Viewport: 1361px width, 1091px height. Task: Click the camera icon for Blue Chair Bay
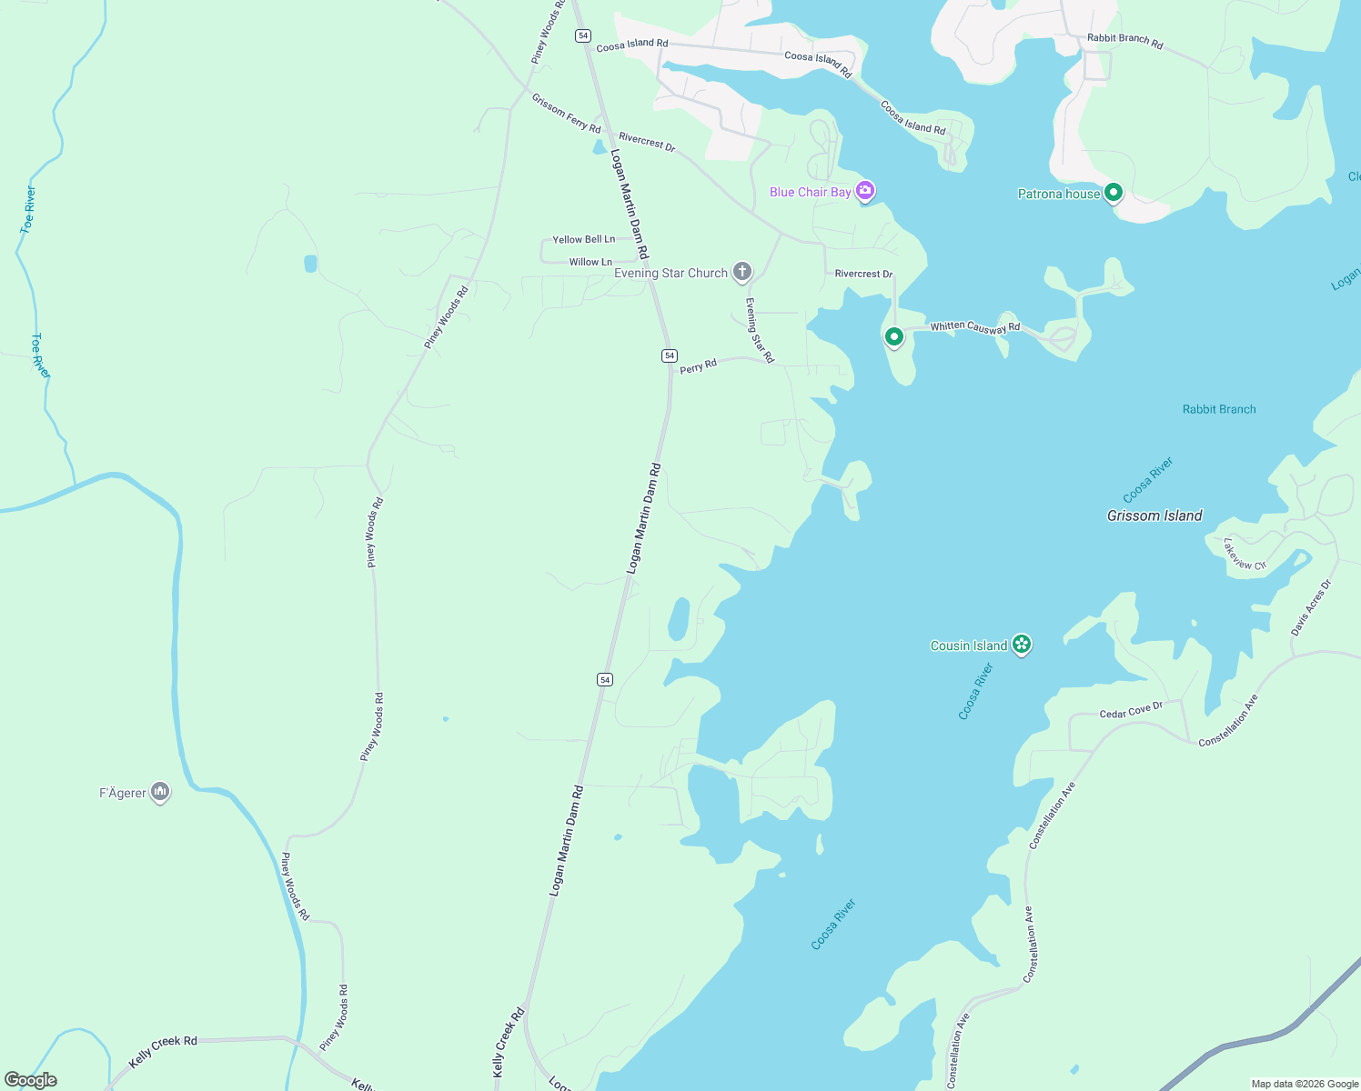[865, 191]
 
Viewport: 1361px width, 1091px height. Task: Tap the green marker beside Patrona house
[1113, 193]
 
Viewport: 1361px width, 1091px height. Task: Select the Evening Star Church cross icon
[742, 272]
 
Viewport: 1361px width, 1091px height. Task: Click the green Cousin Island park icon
[1022, 645]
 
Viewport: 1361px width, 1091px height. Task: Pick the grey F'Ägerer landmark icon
[160, 792]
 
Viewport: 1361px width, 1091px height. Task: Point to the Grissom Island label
[1154, 515]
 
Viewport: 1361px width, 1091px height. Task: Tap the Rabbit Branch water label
[1218, 409]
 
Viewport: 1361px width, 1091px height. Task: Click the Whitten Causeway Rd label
[974, 326]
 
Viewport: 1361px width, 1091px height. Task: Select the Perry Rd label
[698, 366]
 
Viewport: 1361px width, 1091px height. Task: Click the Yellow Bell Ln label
[583, 239]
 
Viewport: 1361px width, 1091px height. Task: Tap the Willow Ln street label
[590, 262]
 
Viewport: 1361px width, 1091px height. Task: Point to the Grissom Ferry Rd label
[566, 114]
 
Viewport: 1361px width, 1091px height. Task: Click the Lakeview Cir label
[1244, 555]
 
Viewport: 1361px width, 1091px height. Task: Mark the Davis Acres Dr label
[1310, 607]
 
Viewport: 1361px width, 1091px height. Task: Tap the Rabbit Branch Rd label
[1124, 41]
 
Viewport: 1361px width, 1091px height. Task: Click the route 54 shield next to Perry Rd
[670, 355]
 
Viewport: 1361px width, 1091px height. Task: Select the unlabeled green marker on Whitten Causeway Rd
[894, 337]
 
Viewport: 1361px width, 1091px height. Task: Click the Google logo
[31, 1080]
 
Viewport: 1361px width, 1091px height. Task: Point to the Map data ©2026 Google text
[1305, 1084]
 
